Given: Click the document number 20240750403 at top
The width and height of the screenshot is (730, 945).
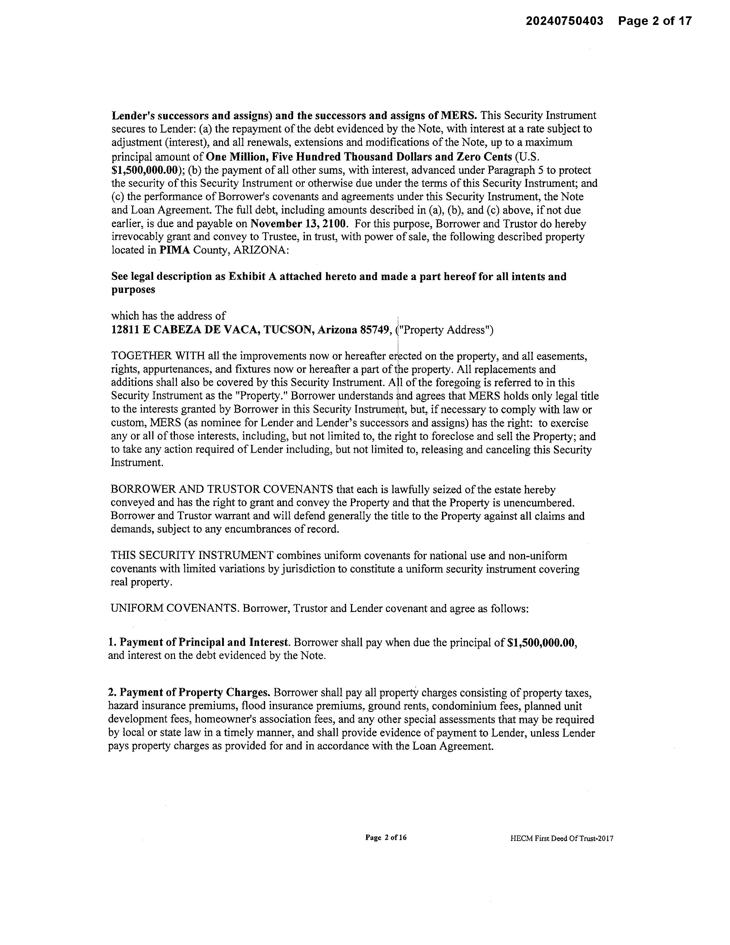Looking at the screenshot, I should tap(564, 21).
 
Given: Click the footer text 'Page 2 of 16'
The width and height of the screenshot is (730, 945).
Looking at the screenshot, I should tap(386, 837).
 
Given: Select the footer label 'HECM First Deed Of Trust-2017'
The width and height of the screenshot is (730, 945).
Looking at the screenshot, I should tap(561, 838).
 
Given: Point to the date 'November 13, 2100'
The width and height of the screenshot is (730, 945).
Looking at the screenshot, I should tap(298, 224).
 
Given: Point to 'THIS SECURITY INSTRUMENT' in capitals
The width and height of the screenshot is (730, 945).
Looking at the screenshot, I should tap(192, 555).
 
